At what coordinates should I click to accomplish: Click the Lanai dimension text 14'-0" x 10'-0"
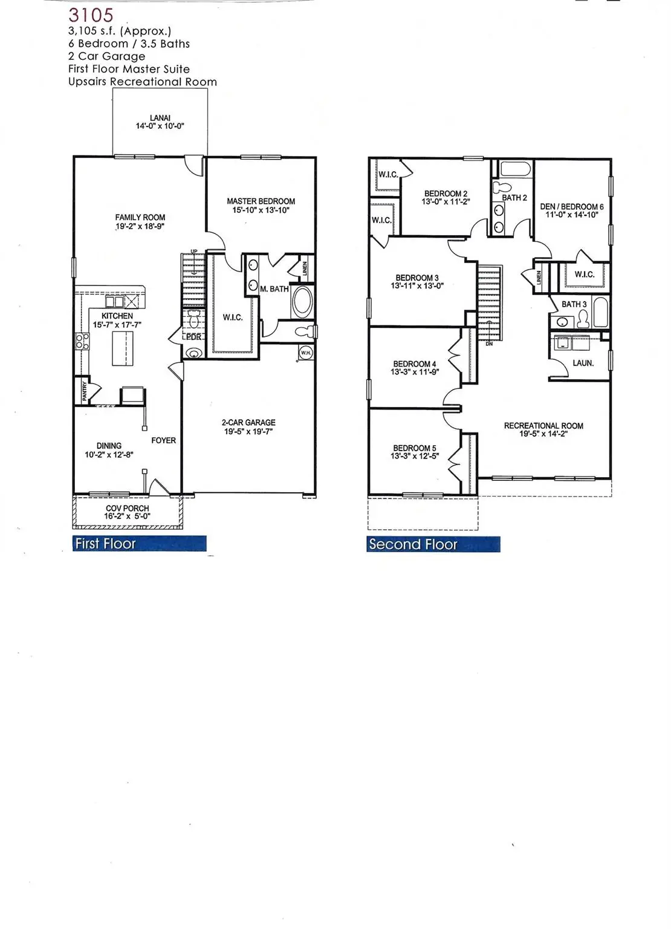160,126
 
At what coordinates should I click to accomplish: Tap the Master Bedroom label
261,201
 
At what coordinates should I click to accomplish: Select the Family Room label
140,217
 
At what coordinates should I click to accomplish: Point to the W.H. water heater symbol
305,352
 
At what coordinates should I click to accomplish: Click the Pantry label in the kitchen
85,391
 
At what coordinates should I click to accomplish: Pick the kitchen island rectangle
122,348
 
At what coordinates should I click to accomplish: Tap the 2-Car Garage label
248,423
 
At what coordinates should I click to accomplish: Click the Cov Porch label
127,509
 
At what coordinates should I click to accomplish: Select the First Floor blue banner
140,544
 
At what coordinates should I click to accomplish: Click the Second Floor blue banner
433,544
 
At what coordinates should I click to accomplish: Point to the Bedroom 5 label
415,448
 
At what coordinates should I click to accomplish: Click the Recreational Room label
543,426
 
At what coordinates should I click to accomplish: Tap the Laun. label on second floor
583,363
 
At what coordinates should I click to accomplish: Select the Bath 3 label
574,304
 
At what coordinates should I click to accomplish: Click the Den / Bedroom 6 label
571,206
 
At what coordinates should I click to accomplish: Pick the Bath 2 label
514,198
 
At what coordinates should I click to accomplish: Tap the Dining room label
109,446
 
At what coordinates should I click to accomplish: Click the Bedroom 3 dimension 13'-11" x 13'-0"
417,285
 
